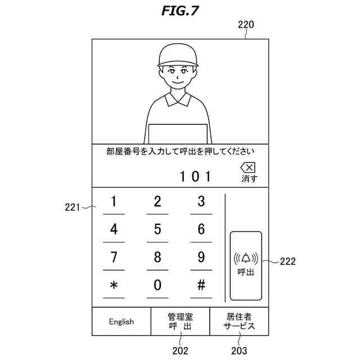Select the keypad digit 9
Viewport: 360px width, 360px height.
pyautogui.click(x=201, y=258)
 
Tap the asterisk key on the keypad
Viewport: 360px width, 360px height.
pyautogui.click(x=114, y=285)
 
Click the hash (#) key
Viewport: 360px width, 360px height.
pyautogui.click(x=201, y=285)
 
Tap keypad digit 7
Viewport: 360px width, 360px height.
pyautogui.click(x=114, y=258)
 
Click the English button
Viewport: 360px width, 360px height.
pyautogui.click(x=121, y=322)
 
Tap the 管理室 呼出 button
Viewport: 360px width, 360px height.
pyautogui.click(x=180, y=322)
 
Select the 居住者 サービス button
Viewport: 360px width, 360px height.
pyautogui.click(x=239, y=322)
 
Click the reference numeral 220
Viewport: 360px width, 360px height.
pyautogui.click(x=246, y=25)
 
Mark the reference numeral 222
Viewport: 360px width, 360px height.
pyautogui.click(x=287, y=261)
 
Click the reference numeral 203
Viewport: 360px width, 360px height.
pyautogui.click(x=239, y=350)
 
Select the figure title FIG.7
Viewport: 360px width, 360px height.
pyautogui.click(x=179, y=10)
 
